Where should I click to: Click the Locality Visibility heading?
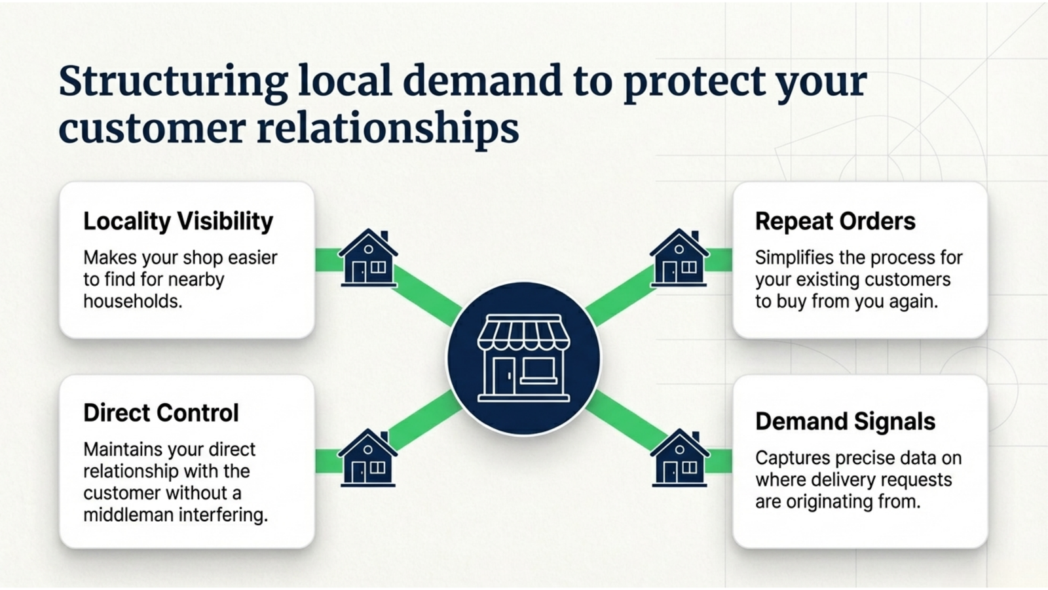click(x=178, y=222)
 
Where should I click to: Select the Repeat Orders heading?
click(x=835, y=222)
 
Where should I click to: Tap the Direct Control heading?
click(x=161, y=413)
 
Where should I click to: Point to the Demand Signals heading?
click(x=845, y=422)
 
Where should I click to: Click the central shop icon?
click(x=523, y=359)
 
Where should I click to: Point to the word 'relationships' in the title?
click(x=388, y=128)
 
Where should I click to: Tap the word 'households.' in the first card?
click(x=133, y=302)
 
